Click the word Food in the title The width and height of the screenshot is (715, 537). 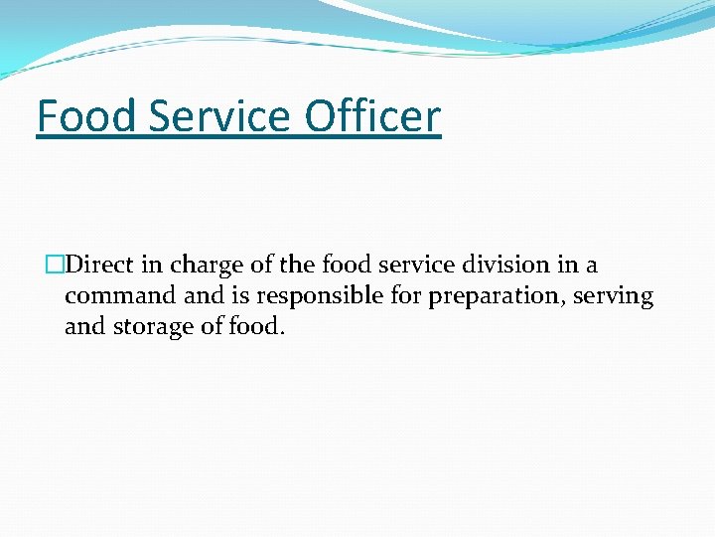click(x=85, y=116)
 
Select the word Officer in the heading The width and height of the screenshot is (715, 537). click(x=372, y=116)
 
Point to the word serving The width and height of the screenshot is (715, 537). click(x=616, y=296)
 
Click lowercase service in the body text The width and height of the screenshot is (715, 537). click(x=415, y=266)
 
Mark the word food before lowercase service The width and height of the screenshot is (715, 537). click(x=346, y=266)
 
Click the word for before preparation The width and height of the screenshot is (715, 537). click(x=402, y=296)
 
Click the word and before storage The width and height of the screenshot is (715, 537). click(x=83, y=326)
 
